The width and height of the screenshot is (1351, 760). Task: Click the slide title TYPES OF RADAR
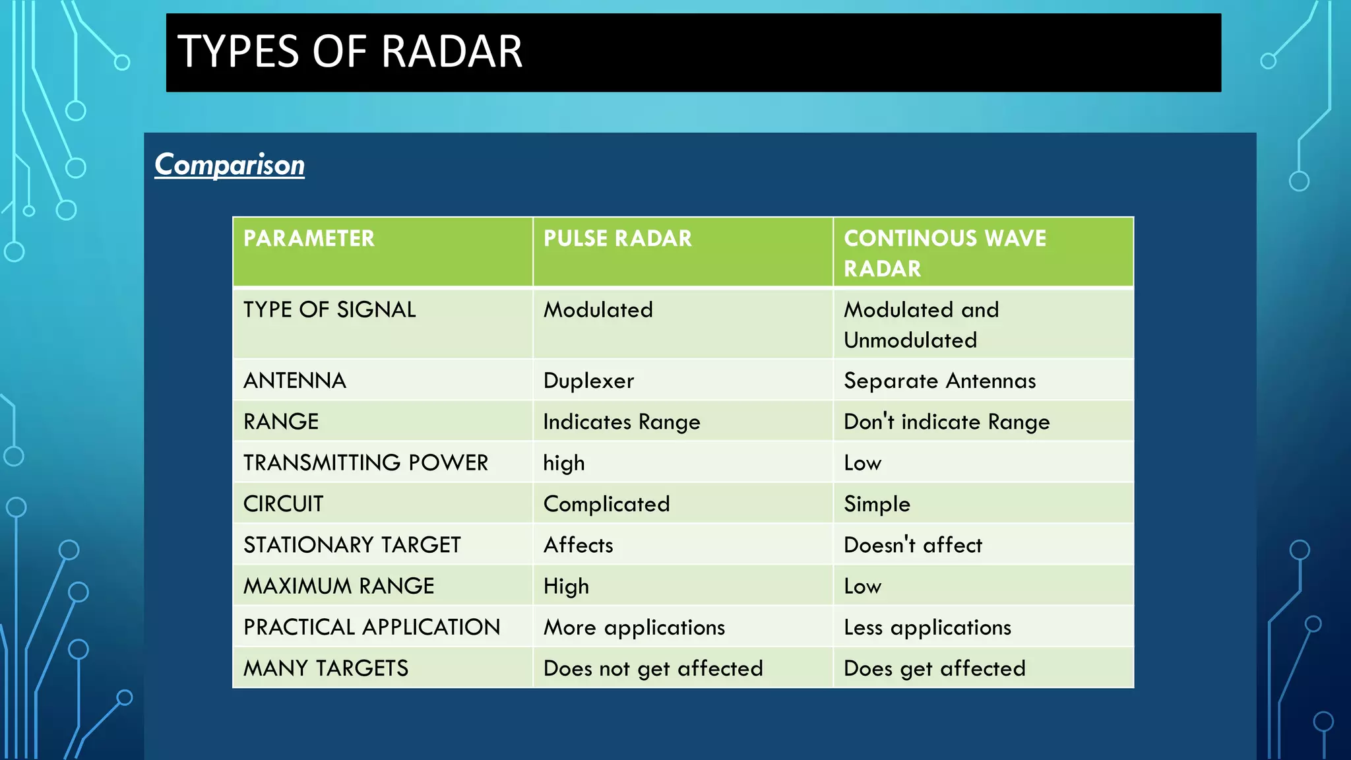(x=350, y=52)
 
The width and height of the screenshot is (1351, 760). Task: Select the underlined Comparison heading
(x=230, y=165)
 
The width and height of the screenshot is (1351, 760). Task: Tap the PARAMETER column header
(x=309, y=238)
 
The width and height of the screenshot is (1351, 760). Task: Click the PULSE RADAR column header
(x=617, y=238)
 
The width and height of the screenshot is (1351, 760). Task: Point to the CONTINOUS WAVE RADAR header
(x=945, y=253)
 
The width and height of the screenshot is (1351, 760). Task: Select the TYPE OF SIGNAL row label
(x=330, y=310)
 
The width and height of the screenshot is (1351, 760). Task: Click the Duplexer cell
(x=588, y=381)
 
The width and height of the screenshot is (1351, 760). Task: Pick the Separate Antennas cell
(x=939, y=381)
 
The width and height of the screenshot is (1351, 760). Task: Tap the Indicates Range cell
(x=621, y=422)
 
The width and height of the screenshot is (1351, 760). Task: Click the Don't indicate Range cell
(x=947, y=422)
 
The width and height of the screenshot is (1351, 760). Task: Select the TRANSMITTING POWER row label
(x=365, y=463)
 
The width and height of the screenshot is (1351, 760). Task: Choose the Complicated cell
(x=606, y=504)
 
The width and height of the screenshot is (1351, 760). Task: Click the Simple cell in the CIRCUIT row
(x=877, y=504)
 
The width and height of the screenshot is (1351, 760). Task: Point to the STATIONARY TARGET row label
(x=352, y=545)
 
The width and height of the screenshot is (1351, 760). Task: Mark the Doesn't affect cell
(x=913, y=545)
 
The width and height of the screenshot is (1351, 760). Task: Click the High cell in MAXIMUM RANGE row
(x=566, y=586)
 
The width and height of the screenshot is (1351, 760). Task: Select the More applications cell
(x=634, y=627)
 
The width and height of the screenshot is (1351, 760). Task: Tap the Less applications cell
(x=927, y=627)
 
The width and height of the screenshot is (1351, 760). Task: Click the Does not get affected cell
(x=653, y=668)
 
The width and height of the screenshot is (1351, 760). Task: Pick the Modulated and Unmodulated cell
(x=921, y=325)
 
